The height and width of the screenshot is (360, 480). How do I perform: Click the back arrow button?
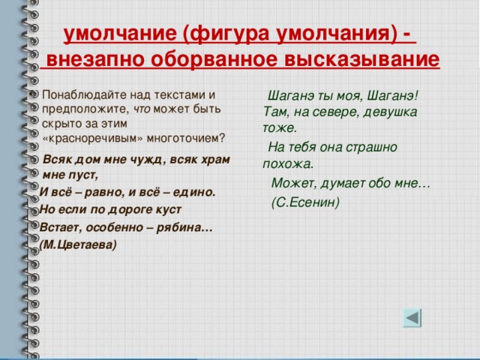click(412, 318)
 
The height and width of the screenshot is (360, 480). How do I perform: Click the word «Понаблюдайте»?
click(84, 95)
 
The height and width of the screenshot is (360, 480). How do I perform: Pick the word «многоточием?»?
click(186, 138)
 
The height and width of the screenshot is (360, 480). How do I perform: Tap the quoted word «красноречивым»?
click(93, 138)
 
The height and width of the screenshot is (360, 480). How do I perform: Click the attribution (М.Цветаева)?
click(78, 244)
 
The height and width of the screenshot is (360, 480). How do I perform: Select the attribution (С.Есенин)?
click(305, 202)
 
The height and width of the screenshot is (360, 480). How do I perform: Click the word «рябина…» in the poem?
click(184, 228)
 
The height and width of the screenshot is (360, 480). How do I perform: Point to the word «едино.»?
click(194, 192)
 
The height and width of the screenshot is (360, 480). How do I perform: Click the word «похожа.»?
click(288, 164)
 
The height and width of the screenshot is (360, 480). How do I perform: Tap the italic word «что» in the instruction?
click(142, 109)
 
